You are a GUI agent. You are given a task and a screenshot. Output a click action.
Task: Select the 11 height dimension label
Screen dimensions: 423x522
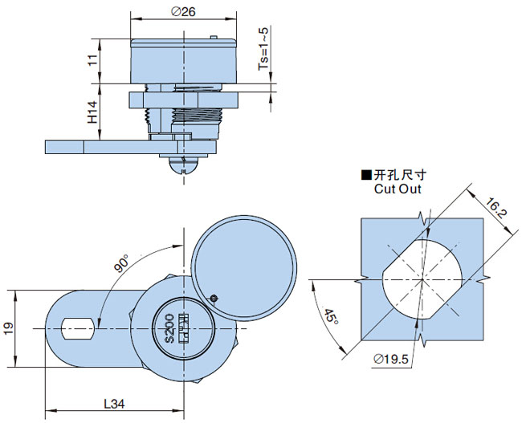click(x=94, y=61)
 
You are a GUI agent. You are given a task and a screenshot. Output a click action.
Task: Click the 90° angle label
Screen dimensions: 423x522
click(x=122, y=263)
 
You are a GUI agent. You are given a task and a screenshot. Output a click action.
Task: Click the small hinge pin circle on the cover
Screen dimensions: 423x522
click(x=214, y=299)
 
